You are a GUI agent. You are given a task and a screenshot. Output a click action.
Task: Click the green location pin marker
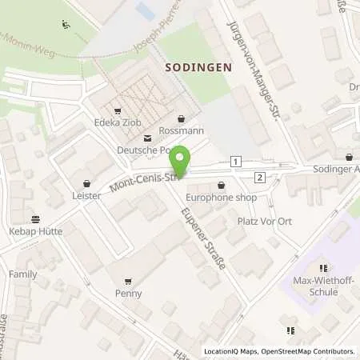pos(182,161)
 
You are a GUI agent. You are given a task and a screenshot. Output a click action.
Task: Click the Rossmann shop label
pos(181,131)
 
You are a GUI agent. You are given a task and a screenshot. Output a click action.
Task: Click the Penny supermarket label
pos(128,293)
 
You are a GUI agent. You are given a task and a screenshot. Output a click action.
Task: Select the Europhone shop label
pos(219,196)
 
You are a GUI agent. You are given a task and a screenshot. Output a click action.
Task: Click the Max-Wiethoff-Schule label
pos(324,286)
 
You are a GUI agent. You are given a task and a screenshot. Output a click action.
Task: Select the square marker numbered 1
pos(235,162)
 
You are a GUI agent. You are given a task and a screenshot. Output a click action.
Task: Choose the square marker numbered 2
pos(260,177)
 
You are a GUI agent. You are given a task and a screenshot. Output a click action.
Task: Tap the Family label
pos(22,274)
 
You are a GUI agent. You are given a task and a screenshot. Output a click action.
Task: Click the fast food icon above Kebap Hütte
pos(36,218)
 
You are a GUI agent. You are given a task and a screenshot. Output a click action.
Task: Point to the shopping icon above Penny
pos(128,281)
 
